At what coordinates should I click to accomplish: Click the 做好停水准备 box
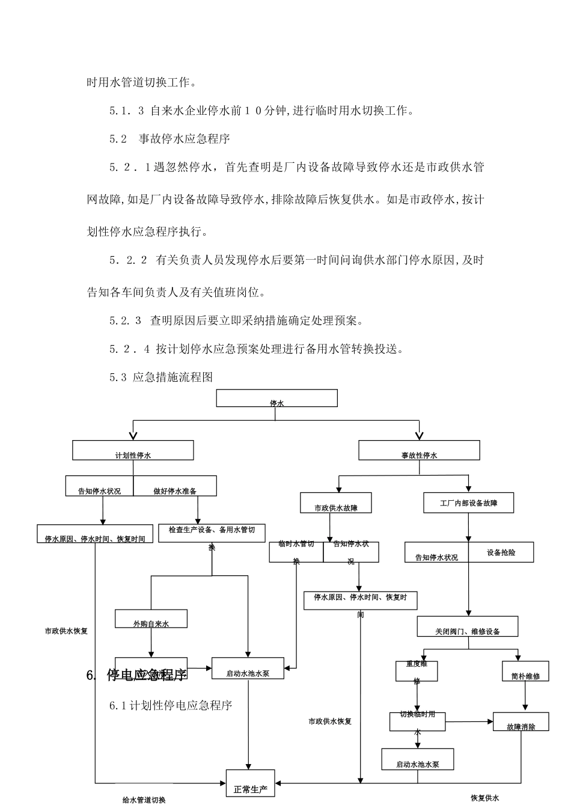point(175,486)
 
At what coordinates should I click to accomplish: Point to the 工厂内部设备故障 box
point(468,503)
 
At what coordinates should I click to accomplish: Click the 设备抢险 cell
point(501,552)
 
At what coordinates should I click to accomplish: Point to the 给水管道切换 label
point(144,800)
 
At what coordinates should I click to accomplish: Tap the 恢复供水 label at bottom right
point(484,798)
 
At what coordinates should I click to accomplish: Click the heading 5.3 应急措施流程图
point(161,378)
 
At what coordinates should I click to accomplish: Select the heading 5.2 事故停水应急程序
point(169,139)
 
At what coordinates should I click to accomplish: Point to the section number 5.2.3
point(125,321)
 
